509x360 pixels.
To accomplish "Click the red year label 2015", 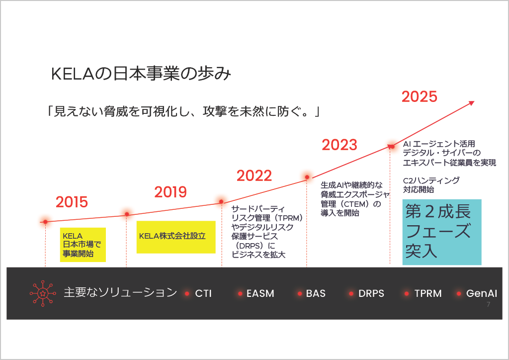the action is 72,202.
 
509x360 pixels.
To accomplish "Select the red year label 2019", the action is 170,192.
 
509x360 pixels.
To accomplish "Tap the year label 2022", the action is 254,176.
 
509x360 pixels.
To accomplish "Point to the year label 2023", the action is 339,145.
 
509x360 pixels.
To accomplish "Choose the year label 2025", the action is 420,97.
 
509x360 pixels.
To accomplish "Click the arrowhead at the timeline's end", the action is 472,103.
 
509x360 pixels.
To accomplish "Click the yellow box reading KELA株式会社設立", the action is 176,237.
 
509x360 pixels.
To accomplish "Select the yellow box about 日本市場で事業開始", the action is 83,245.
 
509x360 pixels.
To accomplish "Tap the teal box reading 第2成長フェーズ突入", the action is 442,232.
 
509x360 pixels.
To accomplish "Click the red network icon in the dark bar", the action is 43,293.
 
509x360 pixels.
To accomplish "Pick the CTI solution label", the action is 203,293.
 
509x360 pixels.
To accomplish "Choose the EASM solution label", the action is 260,293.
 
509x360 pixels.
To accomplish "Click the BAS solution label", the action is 316,293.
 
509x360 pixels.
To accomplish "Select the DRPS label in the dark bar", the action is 371,293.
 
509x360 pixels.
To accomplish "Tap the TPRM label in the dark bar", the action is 428,293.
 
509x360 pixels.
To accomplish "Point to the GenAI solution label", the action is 481,293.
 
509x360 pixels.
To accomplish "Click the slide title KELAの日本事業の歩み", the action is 141,74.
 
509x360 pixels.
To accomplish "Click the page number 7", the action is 488,304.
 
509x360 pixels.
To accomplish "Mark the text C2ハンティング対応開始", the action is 431,185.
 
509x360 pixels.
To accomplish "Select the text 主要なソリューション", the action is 120,292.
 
